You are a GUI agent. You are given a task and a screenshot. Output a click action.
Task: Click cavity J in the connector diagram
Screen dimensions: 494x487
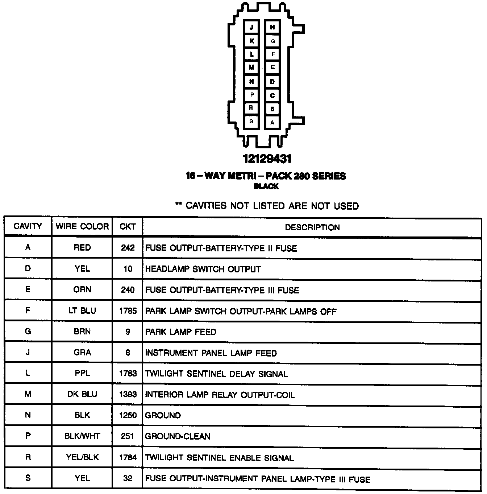point(251,28)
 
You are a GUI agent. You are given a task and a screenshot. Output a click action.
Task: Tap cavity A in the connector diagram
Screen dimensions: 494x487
point(272,123)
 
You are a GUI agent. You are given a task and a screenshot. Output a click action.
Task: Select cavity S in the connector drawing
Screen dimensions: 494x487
point(251,122)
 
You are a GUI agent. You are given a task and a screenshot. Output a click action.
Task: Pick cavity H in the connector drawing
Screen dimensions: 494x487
point(272,28)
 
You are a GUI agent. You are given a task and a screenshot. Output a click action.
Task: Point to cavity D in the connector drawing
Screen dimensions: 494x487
point(272,82)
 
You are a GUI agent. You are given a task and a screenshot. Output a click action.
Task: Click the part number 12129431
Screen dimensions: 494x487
point(267,159)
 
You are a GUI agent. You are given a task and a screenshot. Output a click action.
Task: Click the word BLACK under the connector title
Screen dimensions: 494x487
point(266,186)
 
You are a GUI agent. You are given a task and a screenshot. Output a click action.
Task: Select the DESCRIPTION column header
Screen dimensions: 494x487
point(312,227)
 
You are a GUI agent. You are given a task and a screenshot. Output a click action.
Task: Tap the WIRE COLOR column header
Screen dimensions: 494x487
point(82,227)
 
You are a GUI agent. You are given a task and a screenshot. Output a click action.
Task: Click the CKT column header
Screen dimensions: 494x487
point(128,227)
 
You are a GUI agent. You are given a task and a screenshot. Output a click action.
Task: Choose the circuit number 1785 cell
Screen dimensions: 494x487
point(128,311)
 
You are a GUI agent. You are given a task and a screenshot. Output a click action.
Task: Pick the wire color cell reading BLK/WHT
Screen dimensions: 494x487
point(82,436)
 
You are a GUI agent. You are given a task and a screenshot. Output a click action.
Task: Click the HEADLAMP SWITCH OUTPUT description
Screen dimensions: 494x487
point(203,269)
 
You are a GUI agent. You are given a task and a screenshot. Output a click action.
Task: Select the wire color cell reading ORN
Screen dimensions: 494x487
point(82,290)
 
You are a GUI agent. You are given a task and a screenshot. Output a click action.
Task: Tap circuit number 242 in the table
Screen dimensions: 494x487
point(128,248)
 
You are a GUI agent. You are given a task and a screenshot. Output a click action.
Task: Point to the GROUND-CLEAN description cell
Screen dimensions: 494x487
point(178,436)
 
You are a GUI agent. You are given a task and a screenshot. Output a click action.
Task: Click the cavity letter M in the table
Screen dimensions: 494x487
point(28,394)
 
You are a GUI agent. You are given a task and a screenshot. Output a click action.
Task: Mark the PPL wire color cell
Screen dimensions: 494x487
point(82,373)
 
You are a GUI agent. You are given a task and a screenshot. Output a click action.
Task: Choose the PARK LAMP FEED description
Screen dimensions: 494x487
point(180,332)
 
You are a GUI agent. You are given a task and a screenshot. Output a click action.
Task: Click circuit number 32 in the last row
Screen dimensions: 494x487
point(128,478)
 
